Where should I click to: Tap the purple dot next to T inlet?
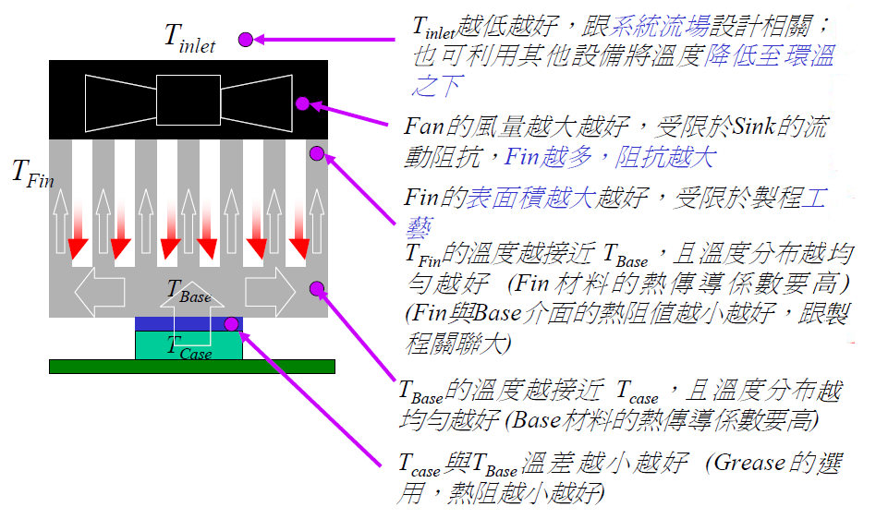[245, 39]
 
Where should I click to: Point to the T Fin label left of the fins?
[31, 173]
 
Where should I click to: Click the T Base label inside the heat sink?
[189, 292]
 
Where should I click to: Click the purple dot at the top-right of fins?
[316, 152]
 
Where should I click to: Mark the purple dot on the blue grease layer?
[231, 324]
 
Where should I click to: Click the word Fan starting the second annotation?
[422, 126]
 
